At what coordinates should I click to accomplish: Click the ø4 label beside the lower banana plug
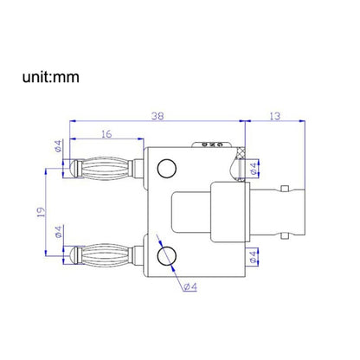[58, 233]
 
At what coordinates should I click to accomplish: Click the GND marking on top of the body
[209, 144]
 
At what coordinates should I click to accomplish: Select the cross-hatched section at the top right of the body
[229, 161]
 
